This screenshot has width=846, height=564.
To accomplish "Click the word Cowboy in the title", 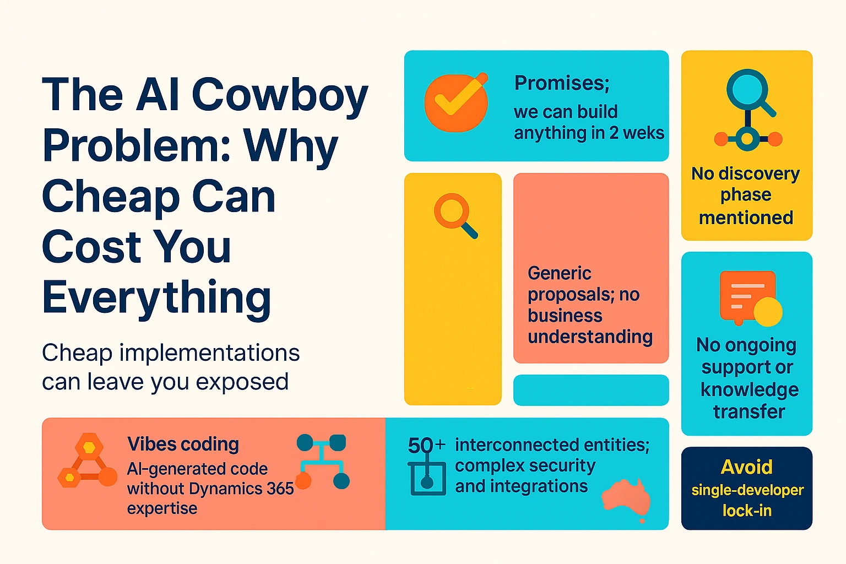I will click(x=279, y=95).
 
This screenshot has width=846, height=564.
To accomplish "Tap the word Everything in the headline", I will click(x=156, y=297).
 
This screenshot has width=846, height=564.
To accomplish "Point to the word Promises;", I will click(x=562, y=83).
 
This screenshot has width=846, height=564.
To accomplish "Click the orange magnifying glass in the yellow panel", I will click(x=454, y=215).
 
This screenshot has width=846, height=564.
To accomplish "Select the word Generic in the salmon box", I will click(x=559, y=273).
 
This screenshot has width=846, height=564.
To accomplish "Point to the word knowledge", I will click(x=749, y=389).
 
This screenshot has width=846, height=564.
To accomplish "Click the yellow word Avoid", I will click(x=746, y=467).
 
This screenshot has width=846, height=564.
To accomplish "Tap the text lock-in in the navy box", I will click(x=747, y=511).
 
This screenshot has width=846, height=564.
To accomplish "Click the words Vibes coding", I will click(x=183, y=444).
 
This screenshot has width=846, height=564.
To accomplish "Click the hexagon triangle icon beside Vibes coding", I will click(x=87, y=463).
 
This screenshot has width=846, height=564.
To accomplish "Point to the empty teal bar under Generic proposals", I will click(x=590, y=390).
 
